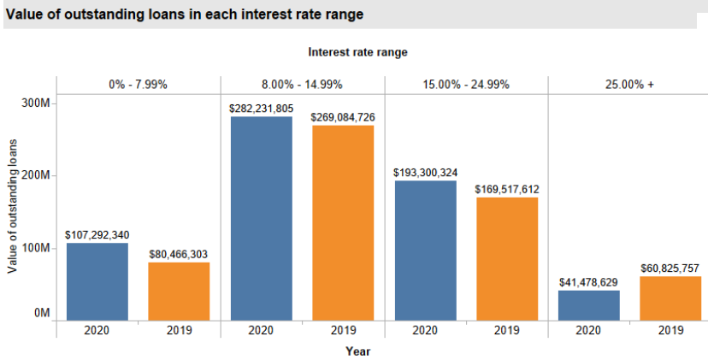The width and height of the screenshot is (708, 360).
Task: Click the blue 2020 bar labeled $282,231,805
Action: (261, 218)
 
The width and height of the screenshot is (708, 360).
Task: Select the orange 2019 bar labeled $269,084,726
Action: (343, 223)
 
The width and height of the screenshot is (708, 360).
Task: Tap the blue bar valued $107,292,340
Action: (97, 281)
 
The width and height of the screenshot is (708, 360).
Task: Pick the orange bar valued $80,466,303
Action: (179, 291)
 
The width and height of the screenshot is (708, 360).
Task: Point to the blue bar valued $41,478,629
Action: (588, 305)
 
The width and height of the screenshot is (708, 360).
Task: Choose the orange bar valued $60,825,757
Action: (670, 298)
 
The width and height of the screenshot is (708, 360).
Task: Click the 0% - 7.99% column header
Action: (138, 85)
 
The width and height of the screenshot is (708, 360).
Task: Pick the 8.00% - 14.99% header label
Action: (302, 85)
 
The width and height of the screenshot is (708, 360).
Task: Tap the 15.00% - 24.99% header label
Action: (466, 85)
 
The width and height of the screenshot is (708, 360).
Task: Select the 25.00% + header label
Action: (629, 85)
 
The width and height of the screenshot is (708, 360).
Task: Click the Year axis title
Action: (357, 351)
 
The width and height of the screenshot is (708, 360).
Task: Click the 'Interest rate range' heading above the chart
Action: (357, 52)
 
